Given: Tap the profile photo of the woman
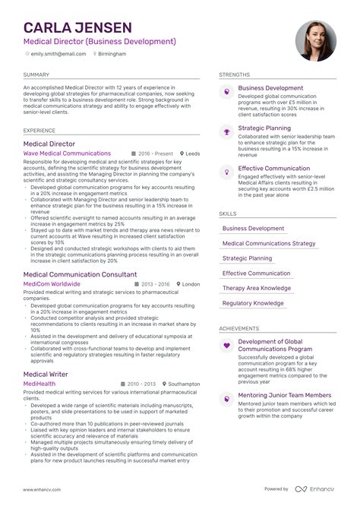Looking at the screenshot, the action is click(x=315, y=41).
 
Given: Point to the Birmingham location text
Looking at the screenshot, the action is click(x=112, y=54).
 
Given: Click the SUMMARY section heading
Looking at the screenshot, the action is click(x=36, y=74).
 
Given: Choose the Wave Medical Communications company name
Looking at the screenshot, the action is click(x=67, y=153).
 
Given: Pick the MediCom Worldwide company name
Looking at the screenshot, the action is click(x=52, y=284).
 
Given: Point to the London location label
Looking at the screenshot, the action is click(x=191, y=284).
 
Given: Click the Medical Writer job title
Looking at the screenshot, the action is click(x=46, y=374).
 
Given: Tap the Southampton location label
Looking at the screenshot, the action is click(x=183, y=384).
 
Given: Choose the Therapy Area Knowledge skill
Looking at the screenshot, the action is click(x=257, y=288).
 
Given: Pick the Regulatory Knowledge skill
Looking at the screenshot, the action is click(x=253, y=303).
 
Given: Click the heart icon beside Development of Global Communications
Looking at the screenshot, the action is click(x=226, y=346).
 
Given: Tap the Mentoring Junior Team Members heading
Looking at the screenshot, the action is click(x=285, y=395).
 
